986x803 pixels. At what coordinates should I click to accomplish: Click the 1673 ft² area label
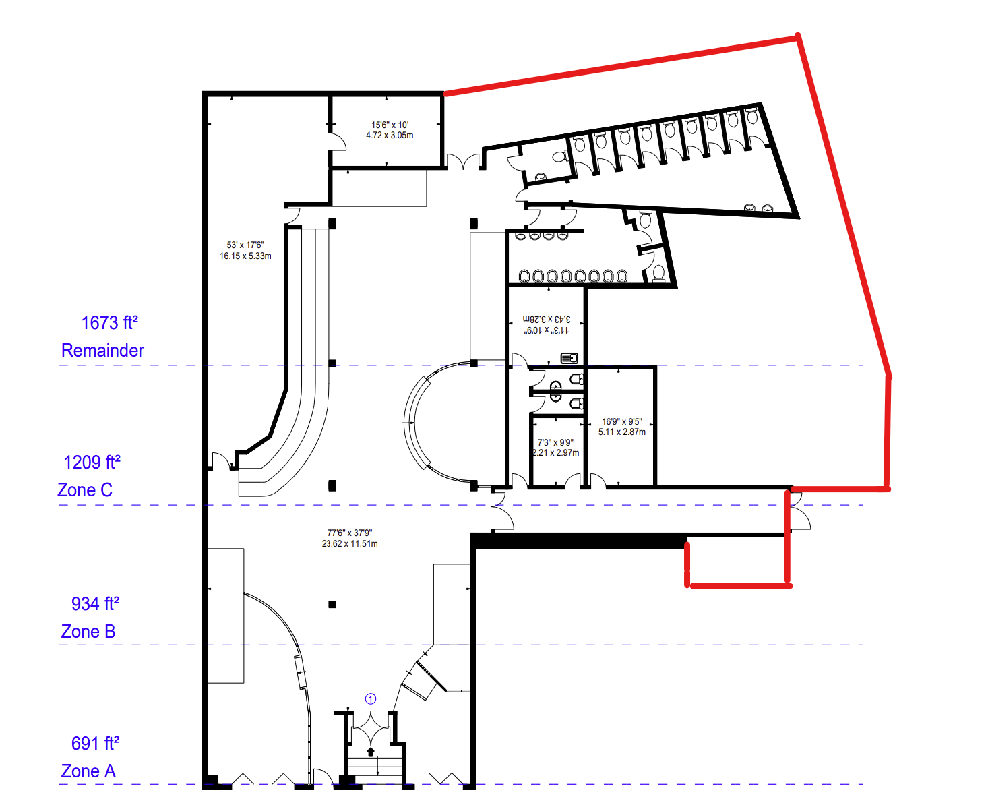click(110, 323)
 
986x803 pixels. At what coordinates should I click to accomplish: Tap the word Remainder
click(102, 351)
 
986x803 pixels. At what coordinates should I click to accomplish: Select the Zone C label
click(85, 490)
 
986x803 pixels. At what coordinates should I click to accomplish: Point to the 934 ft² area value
click(95, 604)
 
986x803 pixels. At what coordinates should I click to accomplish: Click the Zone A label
click(88, 771)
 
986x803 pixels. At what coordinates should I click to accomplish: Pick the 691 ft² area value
click(95, 743)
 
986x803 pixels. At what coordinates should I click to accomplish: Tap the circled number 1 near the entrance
click(371, 698)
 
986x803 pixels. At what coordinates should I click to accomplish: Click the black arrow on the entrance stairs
click(371, 752)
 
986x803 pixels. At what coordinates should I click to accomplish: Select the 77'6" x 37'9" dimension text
click(350, 533)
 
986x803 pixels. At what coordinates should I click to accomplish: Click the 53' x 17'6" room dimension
click(245, 245)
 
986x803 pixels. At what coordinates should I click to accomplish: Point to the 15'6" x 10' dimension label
click(390, 125)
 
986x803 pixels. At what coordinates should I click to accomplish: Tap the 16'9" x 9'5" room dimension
click(621, 421)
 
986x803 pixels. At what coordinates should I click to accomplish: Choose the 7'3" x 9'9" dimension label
click(555, 442)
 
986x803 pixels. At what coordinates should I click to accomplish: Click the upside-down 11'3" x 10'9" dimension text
click(546, 330)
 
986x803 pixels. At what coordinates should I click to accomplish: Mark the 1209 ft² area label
click(92, 462)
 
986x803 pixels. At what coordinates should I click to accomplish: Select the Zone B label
click(88, 632)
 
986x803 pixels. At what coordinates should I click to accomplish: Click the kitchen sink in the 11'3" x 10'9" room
click(569, 358)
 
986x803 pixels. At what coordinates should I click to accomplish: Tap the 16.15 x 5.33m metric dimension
click(245, 256)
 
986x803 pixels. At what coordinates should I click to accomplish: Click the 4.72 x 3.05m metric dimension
click(390, 136)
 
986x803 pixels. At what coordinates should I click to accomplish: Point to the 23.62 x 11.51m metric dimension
click(350, 543)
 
